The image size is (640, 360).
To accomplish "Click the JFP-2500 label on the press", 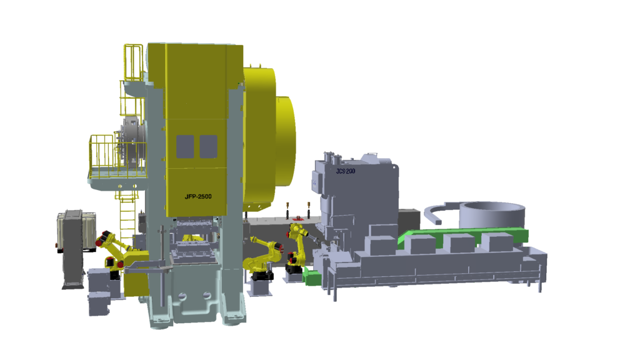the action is pyautogui.click(x=198, y=197).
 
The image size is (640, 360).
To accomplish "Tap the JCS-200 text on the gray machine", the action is pyautogui.click(x=345, y=171).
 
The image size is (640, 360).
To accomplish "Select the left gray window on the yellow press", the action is pyautogui.click(x=185, y=146).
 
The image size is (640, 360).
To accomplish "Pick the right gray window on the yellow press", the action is pyautogui.click(x=208, y=146).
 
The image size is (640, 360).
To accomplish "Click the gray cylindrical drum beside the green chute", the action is pyautogui.click(x=492, y=214).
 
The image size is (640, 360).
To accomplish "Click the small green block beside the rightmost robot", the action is pyautogui.click(x=312, y=278).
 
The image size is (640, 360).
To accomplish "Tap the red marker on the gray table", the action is pyautogui.click(x=298, y=218).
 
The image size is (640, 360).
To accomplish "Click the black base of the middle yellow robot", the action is pyautogui.click(x=262, y=276).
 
